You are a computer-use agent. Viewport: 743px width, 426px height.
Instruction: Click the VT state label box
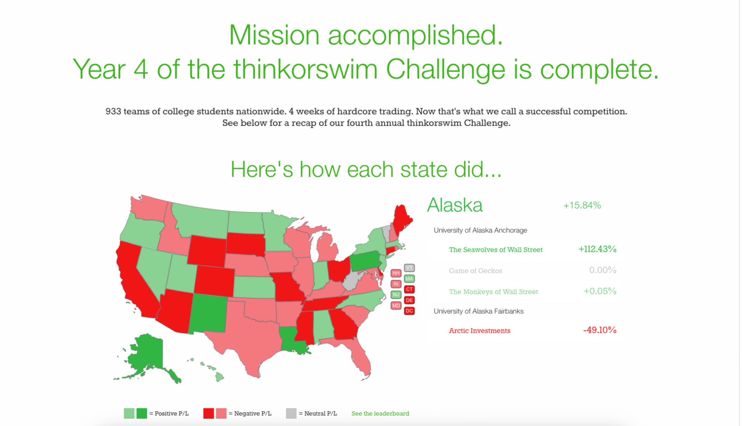(409, 268)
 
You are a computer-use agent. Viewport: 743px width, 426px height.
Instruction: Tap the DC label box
(409, 311)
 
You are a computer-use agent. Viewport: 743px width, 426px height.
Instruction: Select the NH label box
(396, 273)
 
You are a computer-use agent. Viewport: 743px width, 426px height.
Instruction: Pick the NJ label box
(396, 295)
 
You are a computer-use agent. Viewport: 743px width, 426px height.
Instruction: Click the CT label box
(409, 290)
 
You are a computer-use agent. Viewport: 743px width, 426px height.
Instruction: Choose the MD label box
(396, 305)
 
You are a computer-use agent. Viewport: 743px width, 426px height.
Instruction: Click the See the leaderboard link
(380, 414)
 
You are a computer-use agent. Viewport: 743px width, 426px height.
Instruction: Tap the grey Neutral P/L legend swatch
(291, 414)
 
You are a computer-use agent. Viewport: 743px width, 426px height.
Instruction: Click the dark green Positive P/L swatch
(142, 414)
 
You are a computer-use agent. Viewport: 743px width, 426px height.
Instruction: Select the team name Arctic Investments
(479, 331)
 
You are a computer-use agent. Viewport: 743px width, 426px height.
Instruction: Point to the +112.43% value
(597, 249)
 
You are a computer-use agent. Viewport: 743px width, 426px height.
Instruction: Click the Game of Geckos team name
(475, 271)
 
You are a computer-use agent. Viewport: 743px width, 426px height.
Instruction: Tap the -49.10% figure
(599, 330)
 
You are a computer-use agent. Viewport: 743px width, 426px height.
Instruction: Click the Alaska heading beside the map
(455, 205)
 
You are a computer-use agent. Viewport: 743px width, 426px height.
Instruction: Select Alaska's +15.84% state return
(582, 205)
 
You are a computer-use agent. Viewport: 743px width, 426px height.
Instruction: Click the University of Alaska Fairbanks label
(478, 311)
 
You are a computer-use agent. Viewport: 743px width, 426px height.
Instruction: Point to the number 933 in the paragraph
(113, 112)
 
